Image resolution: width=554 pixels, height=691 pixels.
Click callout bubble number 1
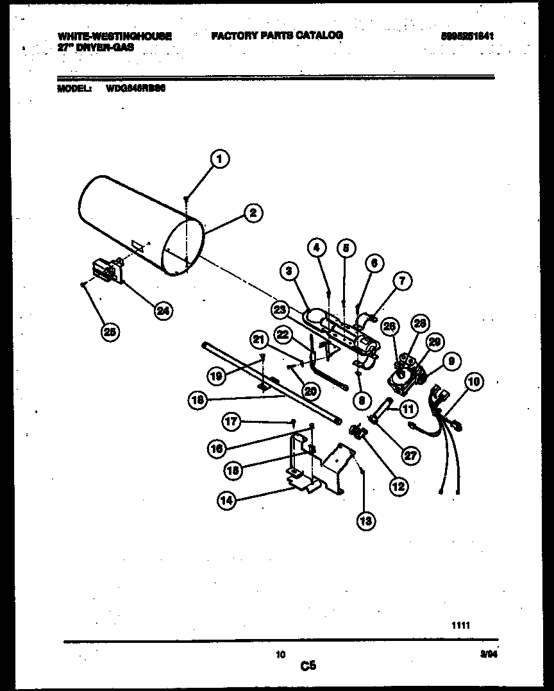(x=219, y=158)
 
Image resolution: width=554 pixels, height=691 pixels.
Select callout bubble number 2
(x=253, y=213)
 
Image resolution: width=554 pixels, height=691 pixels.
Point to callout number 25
(x=110, y=332)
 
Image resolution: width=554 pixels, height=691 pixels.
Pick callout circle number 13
(x=366, y=520)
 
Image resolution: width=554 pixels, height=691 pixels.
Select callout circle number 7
(x=402, y=280)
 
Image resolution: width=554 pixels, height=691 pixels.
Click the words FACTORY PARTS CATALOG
(x=277, y=35)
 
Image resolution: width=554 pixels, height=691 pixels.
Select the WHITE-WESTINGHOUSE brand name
(x=115, y=37)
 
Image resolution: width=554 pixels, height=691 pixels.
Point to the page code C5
(x=308, y=667)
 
